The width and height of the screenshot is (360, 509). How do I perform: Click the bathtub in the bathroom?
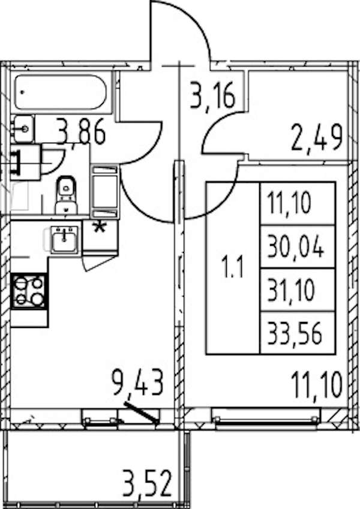tap(60, 92)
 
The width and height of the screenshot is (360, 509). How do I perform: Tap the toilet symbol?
tap(66, 194)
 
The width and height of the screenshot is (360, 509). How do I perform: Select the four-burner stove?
tap(29, 291)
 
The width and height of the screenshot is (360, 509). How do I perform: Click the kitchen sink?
tap(65, 240)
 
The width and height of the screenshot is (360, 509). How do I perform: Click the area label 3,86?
tap(81, 131)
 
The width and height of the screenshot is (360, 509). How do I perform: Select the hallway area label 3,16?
tap(212, 95)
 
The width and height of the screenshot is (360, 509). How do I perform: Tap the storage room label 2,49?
tap(316, 137)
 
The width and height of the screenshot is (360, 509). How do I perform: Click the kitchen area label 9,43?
tap(137, 384)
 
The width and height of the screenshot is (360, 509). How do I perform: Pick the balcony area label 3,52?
tap(146, 484)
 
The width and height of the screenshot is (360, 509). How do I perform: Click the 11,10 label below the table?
tap(317, 385)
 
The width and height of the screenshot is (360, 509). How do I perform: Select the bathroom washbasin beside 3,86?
tap(23, 129)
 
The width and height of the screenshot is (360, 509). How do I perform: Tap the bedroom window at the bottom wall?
tap(265, 418)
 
